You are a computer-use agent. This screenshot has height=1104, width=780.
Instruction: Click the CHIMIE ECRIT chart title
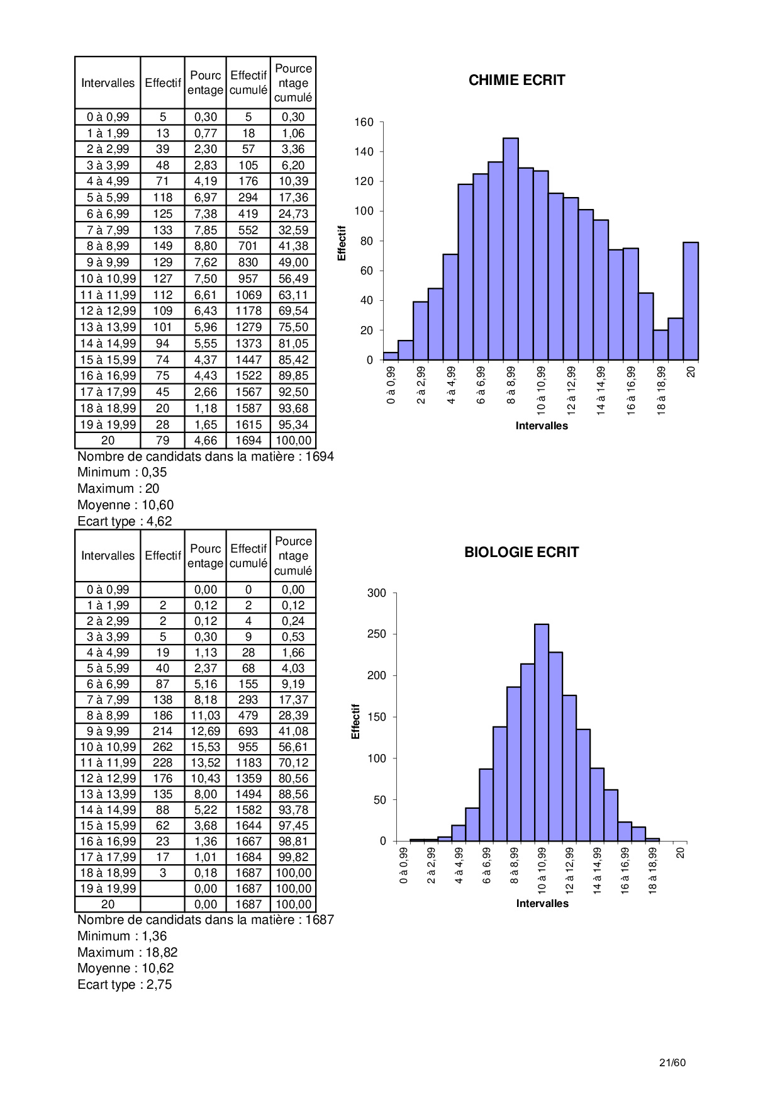point(516,81)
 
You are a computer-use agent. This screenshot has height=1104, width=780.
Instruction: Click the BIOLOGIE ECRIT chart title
point(521,553)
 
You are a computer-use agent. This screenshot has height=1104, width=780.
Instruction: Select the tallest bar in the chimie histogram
point(511,249)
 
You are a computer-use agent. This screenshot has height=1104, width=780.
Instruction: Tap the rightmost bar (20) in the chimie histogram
point(691,301)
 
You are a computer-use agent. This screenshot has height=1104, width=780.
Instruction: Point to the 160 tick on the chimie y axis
point(364,122)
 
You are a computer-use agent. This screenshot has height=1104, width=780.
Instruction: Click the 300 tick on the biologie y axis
point(377,593)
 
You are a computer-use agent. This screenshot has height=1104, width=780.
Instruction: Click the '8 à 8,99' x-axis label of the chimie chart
point(511,385)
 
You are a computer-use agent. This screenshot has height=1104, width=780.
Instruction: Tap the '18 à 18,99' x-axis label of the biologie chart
point(653,870)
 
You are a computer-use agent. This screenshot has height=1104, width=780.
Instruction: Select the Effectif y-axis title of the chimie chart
point(342,243)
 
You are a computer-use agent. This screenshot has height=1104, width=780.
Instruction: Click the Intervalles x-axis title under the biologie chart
point(542,903)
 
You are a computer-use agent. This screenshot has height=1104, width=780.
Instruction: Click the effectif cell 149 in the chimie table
point(162,246)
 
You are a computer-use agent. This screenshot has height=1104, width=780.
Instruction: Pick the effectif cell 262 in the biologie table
point(162,747)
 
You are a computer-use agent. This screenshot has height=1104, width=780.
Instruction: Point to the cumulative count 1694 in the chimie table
point(248,441)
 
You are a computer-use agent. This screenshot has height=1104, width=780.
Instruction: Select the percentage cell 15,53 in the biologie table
point(206,747)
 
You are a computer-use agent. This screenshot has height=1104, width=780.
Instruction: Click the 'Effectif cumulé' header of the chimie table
point(248,82)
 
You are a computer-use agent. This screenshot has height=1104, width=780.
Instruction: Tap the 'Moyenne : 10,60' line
point(125,505)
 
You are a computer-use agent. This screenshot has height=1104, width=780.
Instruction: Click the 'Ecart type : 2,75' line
point(125,984)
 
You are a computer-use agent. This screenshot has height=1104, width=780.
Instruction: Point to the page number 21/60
point(672,1062)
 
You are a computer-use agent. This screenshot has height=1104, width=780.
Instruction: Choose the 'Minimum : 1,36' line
point(122,936)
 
